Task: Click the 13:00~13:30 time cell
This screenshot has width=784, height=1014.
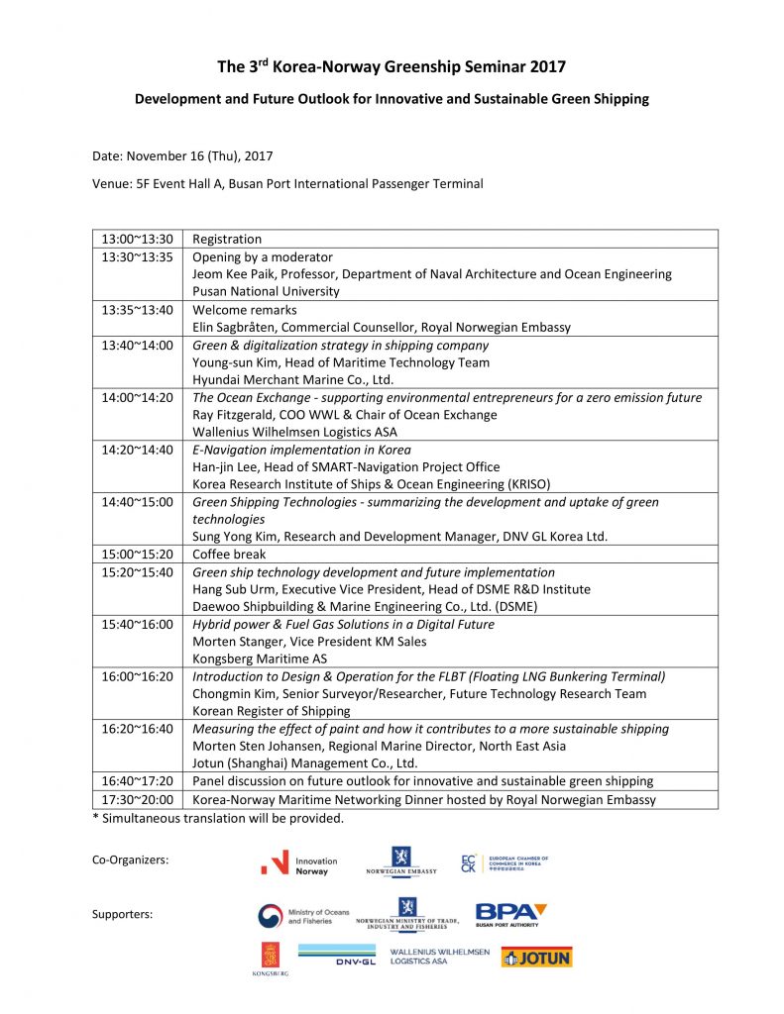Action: pyautogui.click(x=137, y=239)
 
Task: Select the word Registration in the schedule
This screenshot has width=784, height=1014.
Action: pyautogui.click(x=227, y=239)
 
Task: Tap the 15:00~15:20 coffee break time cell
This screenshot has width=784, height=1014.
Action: pyautogui.click(x=137, y=555)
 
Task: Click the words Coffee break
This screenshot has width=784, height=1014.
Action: pyautogui.click(x=229, y=555)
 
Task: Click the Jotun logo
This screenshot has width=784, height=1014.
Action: pyautogui.click(x=536, y=958)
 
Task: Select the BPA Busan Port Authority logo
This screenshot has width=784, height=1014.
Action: pyautogui.click(x=510, y=914)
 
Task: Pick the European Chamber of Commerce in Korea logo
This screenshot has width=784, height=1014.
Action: pyautogui.click(x=504, y=863)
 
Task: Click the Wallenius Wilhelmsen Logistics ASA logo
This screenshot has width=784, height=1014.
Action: pyautogui.click(x=439, y=956)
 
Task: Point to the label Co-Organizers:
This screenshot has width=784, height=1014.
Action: pyautogui.click(x=130, y=861)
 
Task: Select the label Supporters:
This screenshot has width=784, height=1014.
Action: pyautogui.click(x=122, y=914)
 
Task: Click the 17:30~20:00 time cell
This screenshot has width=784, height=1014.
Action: pyautogui.click(x=137, y=799)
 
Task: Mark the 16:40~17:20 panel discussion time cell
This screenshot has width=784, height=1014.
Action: pyautogui.click(x=137, y=781)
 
